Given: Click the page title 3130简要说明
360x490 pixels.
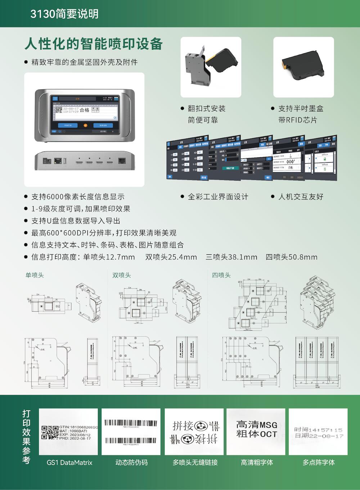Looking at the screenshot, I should tap(64, 14).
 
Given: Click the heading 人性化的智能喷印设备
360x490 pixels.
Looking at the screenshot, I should tap(94, 44).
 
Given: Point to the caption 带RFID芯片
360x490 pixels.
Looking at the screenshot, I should tap(298, 120).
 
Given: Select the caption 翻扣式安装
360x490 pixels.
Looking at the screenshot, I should tap(207, 108).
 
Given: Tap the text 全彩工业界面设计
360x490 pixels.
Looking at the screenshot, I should tap(218, 196).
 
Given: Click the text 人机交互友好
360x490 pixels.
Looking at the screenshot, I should tap(301, 196).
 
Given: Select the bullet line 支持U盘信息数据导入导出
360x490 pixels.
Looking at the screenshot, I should tap(76, 221).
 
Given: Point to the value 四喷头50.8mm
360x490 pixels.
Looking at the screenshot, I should tap(292, 257).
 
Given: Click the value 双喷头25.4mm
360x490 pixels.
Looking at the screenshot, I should tap(171, 257).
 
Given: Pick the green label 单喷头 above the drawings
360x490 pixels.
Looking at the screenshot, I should tap(35, 275).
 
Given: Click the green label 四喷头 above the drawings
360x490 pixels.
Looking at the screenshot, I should tap(221, 275).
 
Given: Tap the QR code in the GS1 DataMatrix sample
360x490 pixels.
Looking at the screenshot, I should tap(50, 432).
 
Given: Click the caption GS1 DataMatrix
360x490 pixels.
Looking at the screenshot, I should tap(69, 463).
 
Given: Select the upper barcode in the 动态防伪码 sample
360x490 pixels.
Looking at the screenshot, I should tap(131, 422).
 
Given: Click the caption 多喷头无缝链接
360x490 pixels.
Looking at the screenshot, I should tap(195, 463).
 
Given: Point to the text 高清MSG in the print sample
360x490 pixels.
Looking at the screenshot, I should tap(257, 425).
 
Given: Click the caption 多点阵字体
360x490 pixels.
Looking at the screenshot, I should tap(319, 463).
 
